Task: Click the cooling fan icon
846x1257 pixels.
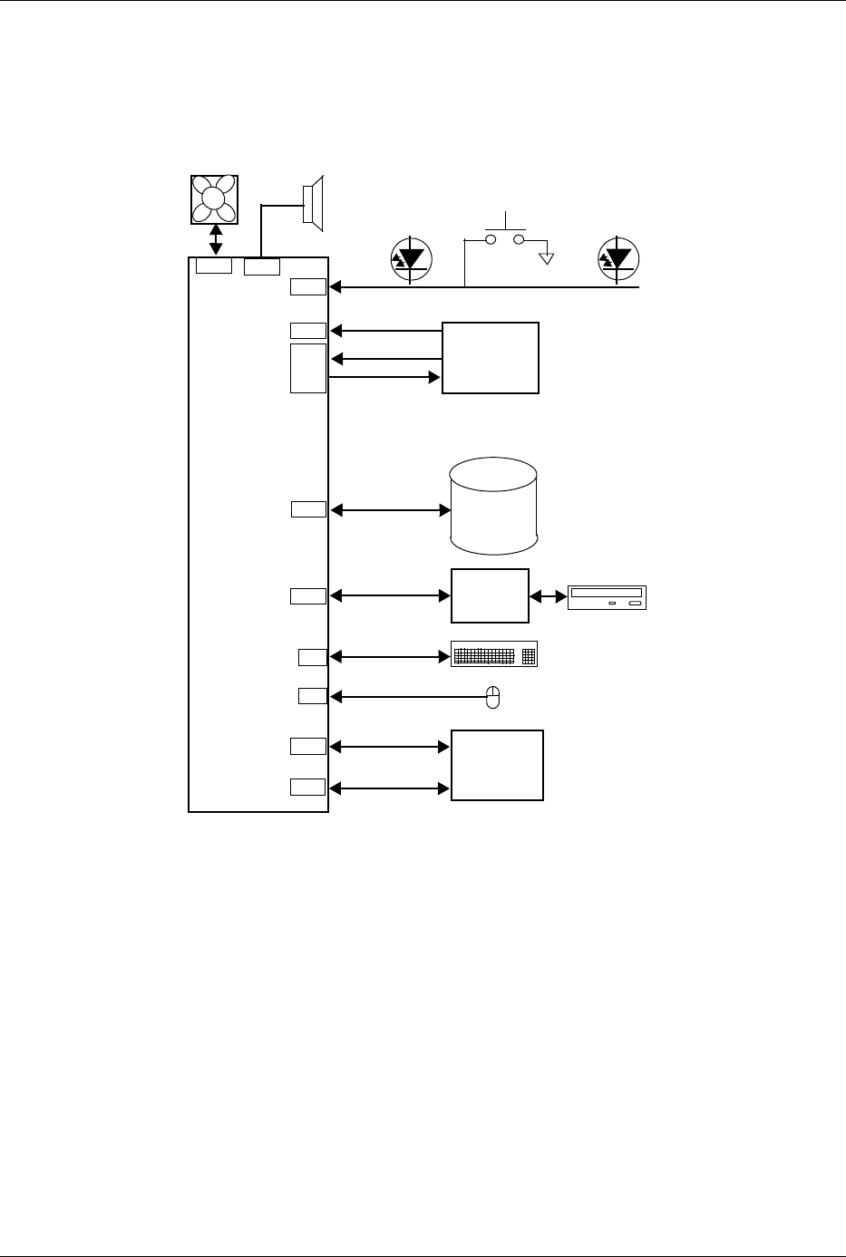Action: click(215, 198)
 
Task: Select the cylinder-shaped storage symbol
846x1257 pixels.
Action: click(493, 506)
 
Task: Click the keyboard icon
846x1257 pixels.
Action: click(494, 654)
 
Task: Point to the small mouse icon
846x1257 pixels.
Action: click(493, 696)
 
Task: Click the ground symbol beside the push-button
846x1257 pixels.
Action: click(546, 258)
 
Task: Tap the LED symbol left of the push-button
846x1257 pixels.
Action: click(411, 258)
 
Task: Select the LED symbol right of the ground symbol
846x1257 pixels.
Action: click(620, 258)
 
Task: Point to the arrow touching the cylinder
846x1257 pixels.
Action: click(391, 510)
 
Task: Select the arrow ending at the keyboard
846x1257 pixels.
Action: click(391, 655)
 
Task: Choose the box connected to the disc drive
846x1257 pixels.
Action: click(490, 595)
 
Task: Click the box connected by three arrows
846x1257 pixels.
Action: click(490, 357)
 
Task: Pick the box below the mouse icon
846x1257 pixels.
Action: click(497, 765)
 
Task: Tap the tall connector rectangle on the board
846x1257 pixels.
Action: click(308, 368)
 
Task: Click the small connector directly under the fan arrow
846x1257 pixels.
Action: click(215, 266)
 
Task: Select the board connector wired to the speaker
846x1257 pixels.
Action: click(262, 266)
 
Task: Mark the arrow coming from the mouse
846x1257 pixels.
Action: click(408, 697)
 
